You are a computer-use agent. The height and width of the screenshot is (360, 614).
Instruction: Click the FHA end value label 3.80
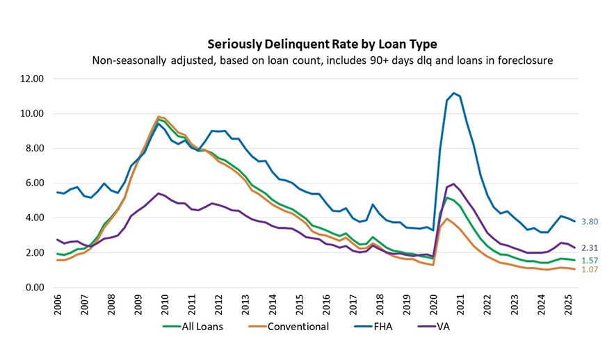tap(590, 222)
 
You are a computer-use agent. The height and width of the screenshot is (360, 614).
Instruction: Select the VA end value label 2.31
tap(590, 247)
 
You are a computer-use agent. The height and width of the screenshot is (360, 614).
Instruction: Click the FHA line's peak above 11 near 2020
tap(453, 92)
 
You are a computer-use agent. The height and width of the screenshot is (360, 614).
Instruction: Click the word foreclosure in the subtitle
tap(526, 60)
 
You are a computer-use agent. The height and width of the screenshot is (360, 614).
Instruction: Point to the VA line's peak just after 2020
tap(453, 184)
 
